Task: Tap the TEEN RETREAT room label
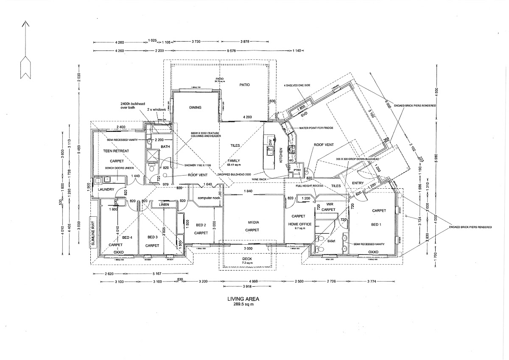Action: click(x=116, y=151)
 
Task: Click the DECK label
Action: click(x=247, y=259)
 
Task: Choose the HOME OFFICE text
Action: click(x=300, y=224)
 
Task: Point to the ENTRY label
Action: click(x=359, y=183)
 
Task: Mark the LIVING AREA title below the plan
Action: click(x=243, y=299)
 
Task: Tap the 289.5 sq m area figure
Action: click(x=243, y=304)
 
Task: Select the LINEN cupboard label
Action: click(x=164, y=205)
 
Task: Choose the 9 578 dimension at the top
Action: click(x=231, y=51)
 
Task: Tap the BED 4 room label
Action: click(x=128, y=238)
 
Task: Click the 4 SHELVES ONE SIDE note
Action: click(x=298, y=85)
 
